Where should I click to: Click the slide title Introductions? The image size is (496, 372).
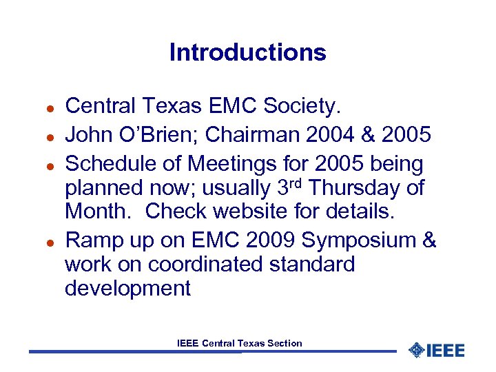[x=247, y=53]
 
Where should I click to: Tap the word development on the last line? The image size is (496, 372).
[x=127, y=289]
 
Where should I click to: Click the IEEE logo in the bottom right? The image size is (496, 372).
[x=437, y=350]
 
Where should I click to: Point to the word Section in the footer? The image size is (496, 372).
[x=285, y=343]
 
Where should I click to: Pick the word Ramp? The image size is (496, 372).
[x=89, y=241]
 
